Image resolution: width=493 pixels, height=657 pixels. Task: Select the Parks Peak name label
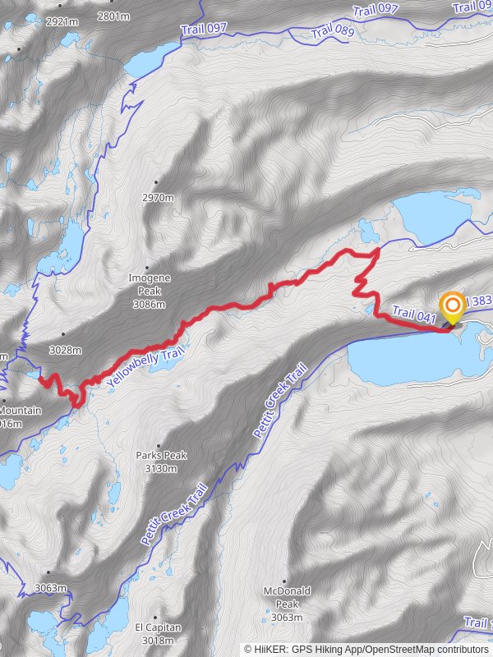161,455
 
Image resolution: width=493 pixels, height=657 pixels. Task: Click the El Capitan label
158,627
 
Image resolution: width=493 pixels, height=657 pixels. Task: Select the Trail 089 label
333,32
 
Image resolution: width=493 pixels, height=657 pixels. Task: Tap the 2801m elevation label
113,16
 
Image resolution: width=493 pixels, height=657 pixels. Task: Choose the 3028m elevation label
65,350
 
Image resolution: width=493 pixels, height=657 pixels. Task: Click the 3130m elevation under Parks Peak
161,469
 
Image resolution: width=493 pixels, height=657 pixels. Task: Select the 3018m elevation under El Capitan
159,641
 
